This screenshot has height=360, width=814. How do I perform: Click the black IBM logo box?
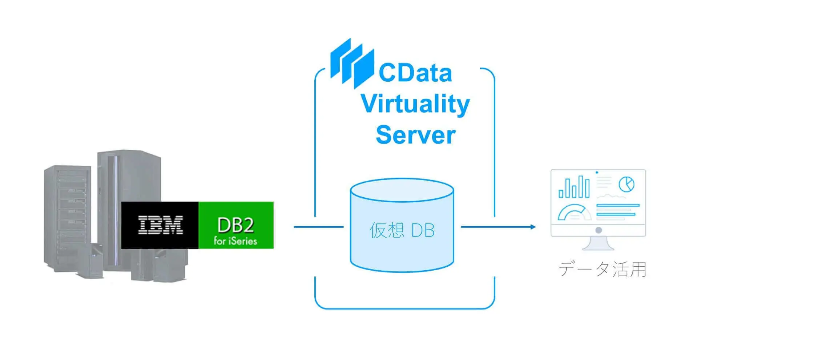(160, 225)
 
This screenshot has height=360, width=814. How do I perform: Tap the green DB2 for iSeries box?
(236, 225)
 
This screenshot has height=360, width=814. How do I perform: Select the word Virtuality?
(415, 104)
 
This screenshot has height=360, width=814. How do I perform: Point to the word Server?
(415, 135)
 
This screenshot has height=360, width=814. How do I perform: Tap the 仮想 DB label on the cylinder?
(402, 230)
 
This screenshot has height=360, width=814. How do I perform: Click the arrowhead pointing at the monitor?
(533, 227)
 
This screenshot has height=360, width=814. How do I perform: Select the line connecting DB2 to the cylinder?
(318, 227)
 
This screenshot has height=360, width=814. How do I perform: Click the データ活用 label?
(603, 270)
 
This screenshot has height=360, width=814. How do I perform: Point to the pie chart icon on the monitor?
(626, 184)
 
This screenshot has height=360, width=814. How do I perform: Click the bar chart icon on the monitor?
(574, 187)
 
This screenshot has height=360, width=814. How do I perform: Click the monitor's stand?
(598, 243)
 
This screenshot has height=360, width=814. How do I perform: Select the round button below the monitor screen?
(599, 230)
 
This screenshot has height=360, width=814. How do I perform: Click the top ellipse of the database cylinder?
(402, 190)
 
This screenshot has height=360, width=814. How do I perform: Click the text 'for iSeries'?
(235, 241)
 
